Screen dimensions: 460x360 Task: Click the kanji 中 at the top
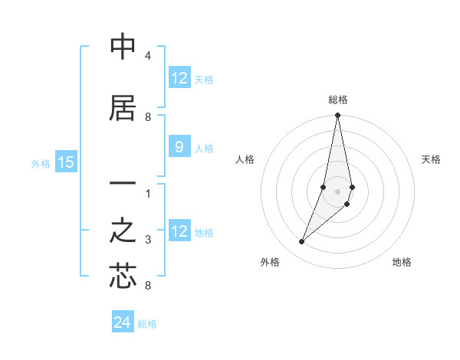pyautogui.click(x=123, y=48)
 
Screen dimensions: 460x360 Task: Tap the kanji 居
pyautogui.click(x=123, y=108)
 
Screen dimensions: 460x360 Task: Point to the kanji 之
pyautogui.click(x=123, y=231)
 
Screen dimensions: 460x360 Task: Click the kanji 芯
pyautogui.click(x=123, y=276)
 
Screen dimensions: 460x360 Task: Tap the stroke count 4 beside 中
pyautogui.click(x=148, y=57)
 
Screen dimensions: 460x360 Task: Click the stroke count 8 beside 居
pyautogui.click(x=148, y=116)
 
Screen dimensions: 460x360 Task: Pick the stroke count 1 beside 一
pyautogui.click(x=148, y=193)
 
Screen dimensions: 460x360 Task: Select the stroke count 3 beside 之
pyautogui.click(x=148, y=240)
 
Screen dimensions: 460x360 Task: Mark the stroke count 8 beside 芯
pyautogui.click(x=148, y=286)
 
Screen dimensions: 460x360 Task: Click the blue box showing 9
pyautogui.click(x=179, y=148)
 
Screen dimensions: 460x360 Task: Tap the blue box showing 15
pyautogui.click(x=66, y=162)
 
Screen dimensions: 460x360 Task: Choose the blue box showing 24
pyautogui.click(x=123, y=322)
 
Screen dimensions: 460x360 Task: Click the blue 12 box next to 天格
pyautogui.click(x=179, y=78)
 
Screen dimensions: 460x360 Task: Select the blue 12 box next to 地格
pyautogui.click(x=179, y=232)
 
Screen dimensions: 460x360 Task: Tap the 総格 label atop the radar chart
pyautogui.click(x=338, y=100)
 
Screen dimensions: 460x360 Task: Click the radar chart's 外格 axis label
pyautogui.click(x=270, y=262)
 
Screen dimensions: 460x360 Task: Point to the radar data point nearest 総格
pyautogui.click(x=337, y=116)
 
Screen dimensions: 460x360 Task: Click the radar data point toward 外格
pyautogui.click(x=301, y=242)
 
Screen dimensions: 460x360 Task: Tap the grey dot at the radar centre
pyautogui.click(x=337, y=191)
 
